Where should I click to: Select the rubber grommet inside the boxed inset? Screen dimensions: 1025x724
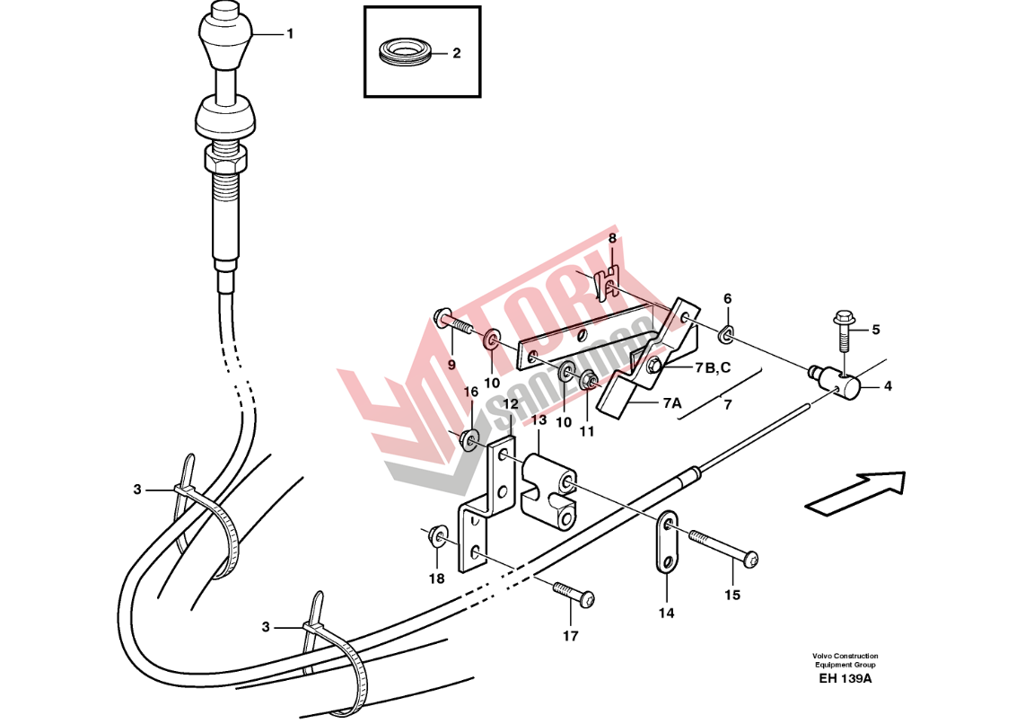click(403, 52)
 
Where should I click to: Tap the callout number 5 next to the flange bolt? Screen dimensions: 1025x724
click(876, 330)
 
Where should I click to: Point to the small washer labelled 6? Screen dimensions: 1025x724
click(726, 335)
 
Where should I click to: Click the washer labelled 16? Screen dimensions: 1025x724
click(469, 439)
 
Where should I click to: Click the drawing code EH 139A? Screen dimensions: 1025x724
click(845, 678)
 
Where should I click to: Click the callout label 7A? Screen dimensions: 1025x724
click(672, 403)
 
